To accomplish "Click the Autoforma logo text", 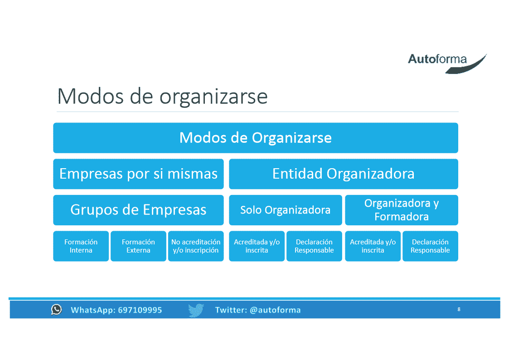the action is (x=437, y=59).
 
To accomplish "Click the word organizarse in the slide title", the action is (x=213, y=97).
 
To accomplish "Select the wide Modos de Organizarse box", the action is (x=256, y=138).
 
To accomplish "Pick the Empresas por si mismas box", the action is (x=138, y=174).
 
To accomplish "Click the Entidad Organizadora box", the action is (x=344, y=174).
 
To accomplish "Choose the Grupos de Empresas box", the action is (x=138, y=210).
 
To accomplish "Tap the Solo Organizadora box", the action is (x=286, y=210).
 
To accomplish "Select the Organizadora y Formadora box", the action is (x=402, y=210).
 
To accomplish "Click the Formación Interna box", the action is (x=81, y=246).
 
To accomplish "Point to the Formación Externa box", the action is (x=138, y=246).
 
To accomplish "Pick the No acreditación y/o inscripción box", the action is (x=196, y=246).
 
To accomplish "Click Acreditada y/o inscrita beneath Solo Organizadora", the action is (x=257, y=246).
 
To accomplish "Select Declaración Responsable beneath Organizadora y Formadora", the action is (x=430, y=246).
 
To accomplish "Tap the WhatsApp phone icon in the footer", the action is (x=57, y=310).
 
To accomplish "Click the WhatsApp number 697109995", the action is (x=140, y=310).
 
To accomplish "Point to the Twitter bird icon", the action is (x=196, y=310).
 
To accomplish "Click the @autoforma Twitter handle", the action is (x=275, y=310).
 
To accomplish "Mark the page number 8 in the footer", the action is (x=459, y=309).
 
